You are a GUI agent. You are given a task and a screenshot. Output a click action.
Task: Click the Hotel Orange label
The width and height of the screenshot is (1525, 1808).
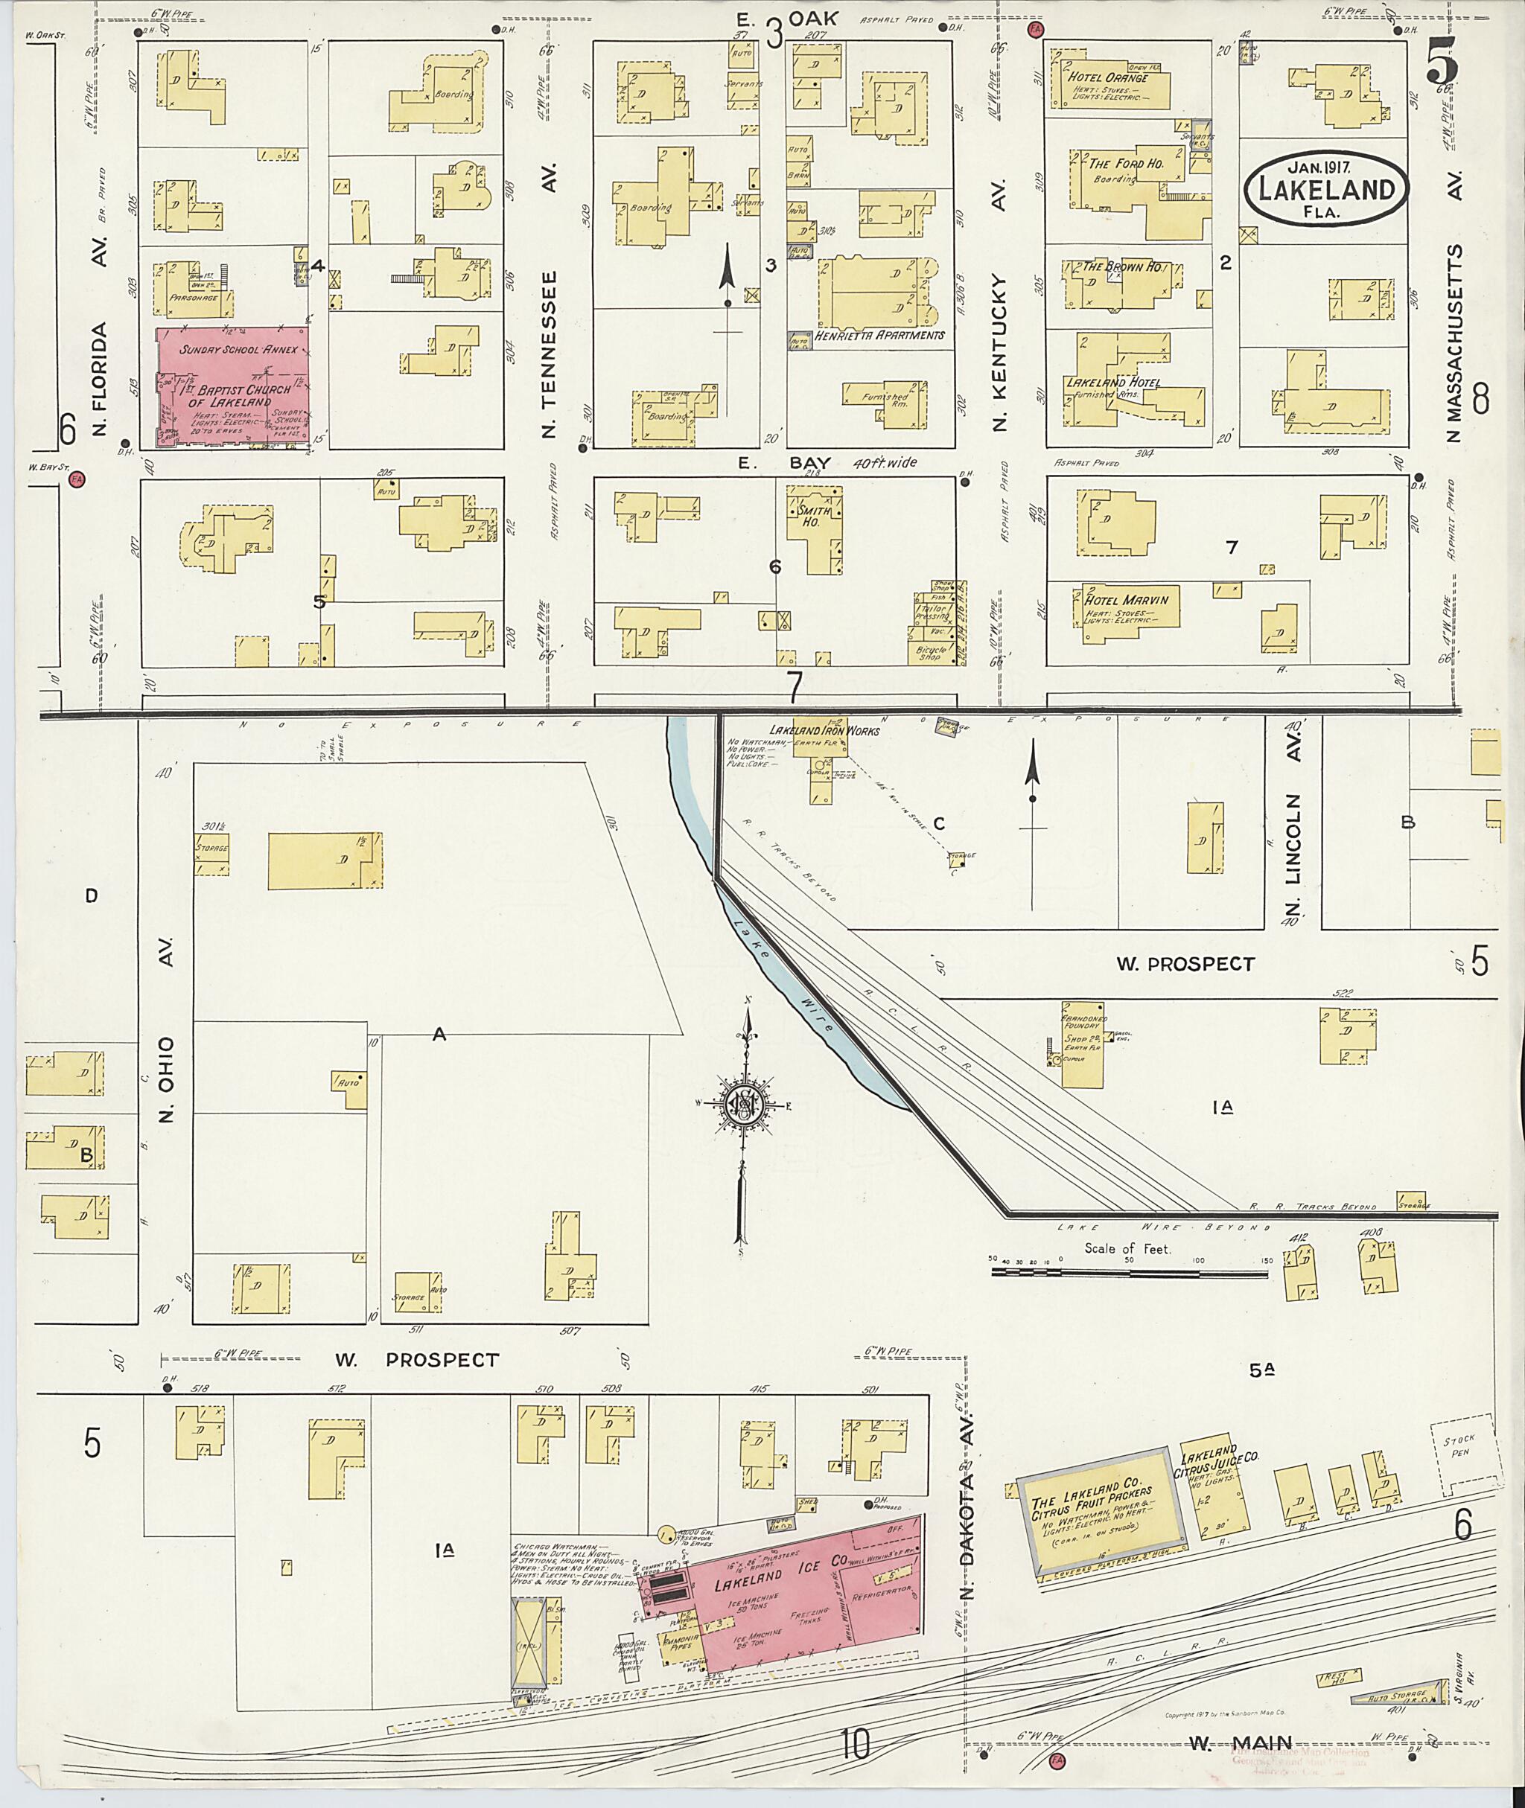pyautogui.click(x=1112, y=77)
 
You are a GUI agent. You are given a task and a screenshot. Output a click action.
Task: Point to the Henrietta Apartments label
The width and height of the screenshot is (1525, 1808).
pyautogui.click(x=879, y=334)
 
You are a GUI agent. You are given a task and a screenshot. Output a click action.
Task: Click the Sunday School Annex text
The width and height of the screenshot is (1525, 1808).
pyautogui.click(x=238, y=350)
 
